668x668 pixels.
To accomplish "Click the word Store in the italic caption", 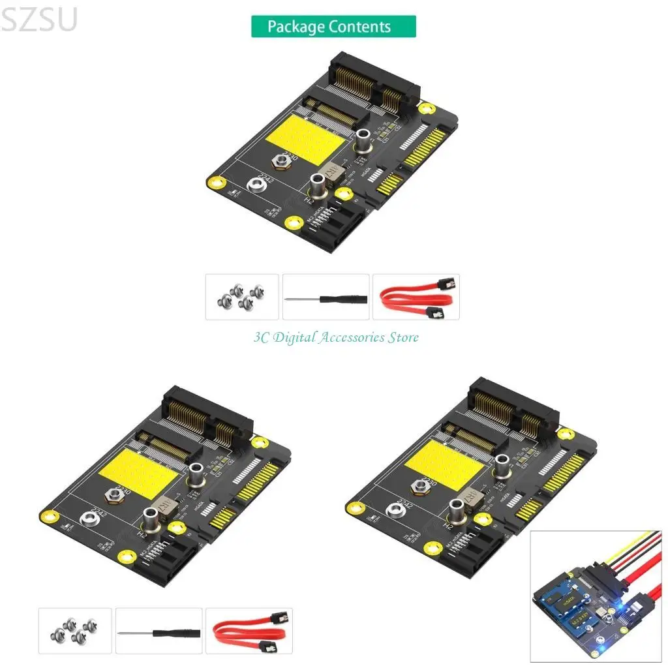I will point(402,337).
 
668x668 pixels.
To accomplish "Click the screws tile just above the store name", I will point(242,297).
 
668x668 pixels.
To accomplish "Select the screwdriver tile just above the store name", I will point(326,297).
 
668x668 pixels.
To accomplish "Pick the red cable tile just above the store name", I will point(416,297).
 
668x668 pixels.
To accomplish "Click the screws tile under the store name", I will point(75,631).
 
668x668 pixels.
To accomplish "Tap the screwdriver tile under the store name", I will point(159,631).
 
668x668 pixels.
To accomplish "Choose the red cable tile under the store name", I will point(249,631).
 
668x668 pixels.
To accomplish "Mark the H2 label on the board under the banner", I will point(311,201).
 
